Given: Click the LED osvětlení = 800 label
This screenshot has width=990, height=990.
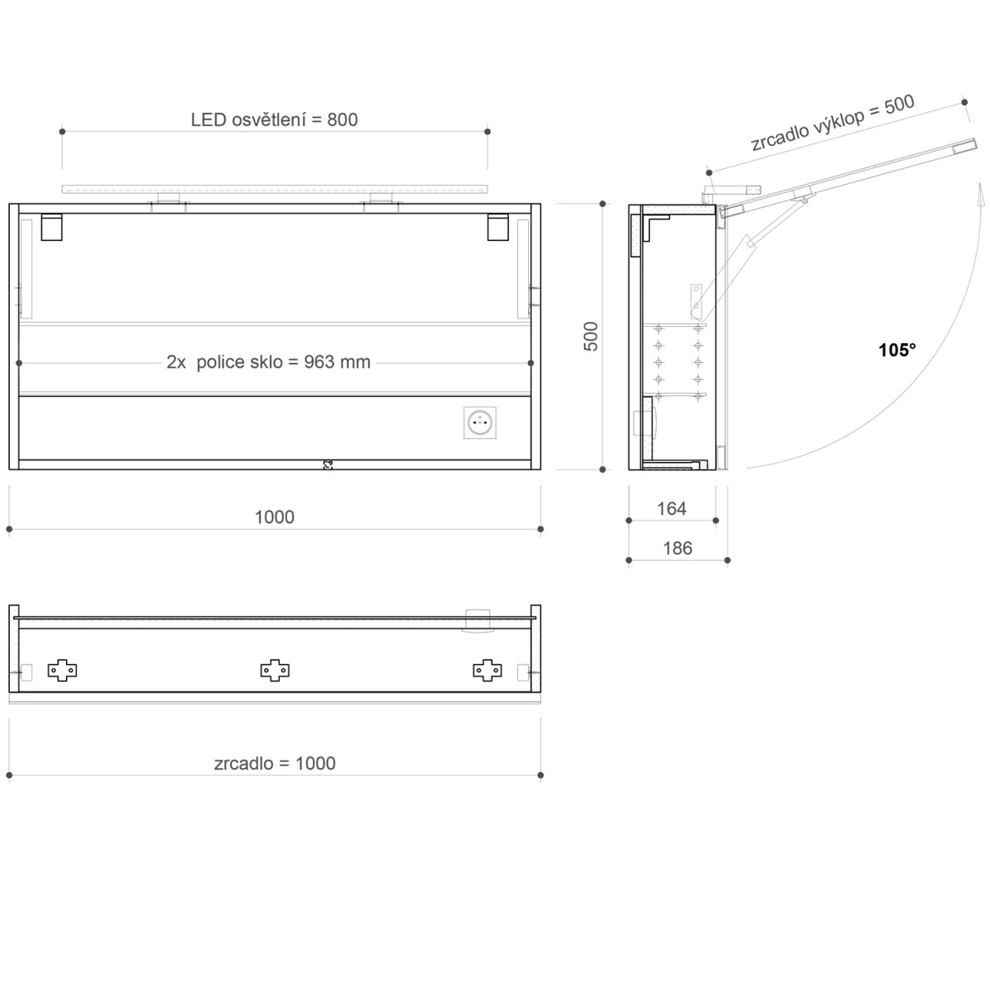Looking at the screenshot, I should click(x=274, y=120).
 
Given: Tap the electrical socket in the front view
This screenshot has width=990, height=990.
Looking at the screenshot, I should click(x=480, y=423).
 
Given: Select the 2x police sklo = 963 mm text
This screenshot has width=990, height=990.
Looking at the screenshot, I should click(x=269, y=362).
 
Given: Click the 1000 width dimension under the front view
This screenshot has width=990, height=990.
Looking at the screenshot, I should click(x=274, y=517).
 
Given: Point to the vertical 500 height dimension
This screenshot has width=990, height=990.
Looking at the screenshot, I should click(x=592, y=336).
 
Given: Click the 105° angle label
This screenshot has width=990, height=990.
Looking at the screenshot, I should click(x=897, y=351).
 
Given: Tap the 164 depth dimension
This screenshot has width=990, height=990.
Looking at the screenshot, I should click(x=671, y=509).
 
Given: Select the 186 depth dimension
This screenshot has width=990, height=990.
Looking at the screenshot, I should click(x=677, y=549).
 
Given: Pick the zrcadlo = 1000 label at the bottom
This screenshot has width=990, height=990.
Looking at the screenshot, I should click(x=275, y=764).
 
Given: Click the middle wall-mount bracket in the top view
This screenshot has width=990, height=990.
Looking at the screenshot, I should click(x=275, y=670).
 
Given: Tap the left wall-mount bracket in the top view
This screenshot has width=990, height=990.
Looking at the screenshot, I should click(x=63, y=670).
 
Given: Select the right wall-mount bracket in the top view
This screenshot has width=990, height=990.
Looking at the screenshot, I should click(x=488, y=670).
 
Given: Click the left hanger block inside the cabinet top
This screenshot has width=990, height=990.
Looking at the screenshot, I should click(x=51, y=227).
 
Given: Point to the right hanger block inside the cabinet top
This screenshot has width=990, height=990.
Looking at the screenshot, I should click(x=497, y=227).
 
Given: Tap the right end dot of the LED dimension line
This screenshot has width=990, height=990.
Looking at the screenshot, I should click(x=488, y=131).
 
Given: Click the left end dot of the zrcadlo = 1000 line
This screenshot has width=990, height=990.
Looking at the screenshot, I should click(x=9, y=775).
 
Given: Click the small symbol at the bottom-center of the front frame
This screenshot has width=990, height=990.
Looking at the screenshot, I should click(x=328, y=464).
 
